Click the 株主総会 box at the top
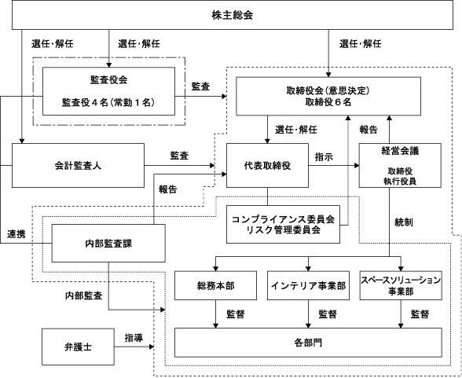pyautogui.click(x=233, y=15)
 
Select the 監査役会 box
pyautogui.click(x=108, y=91)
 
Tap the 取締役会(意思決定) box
pyautogui.click(x=328, y=97)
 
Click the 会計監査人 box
pyautogui.click(x=78, y=165)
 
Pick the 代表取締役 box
pyautogui.click(x=267, y=165)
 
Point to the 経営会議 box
pyautogui.click(x=400, y=165)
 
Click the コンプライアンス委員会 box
pyautogui.click(x=283, y=224)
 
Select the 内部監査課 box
pyautogui.click(x=108, y=243)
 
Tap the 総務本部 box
pyautogui.click(x=215, y=285)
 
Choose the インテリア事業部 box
pyautogui.click(x=308, y=285)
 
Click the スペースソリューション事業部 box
pyautogui.click(x=401, y=285)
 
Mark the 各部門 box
pyautogui.click(x=308, y=343)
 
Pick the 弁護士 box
pyautogui.click(x=78, y=347)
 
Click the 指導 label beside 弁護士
pyautogui.click(x=134, y=338)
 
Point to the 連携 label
pyautogui.click(x=16, y=234)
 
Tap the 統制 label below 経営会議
pyautogui.click(x=404, y=222)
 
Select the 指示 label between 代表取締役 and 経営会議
pyautogui.click(x=324, y=156)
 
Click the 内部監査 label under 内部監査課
pyautogui.click(x=83, y=295)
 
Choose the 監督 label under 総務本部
pyautogui.click(x=236, y=314)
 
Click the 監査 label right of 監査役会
pyautogui.click(x=200, y=86)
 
